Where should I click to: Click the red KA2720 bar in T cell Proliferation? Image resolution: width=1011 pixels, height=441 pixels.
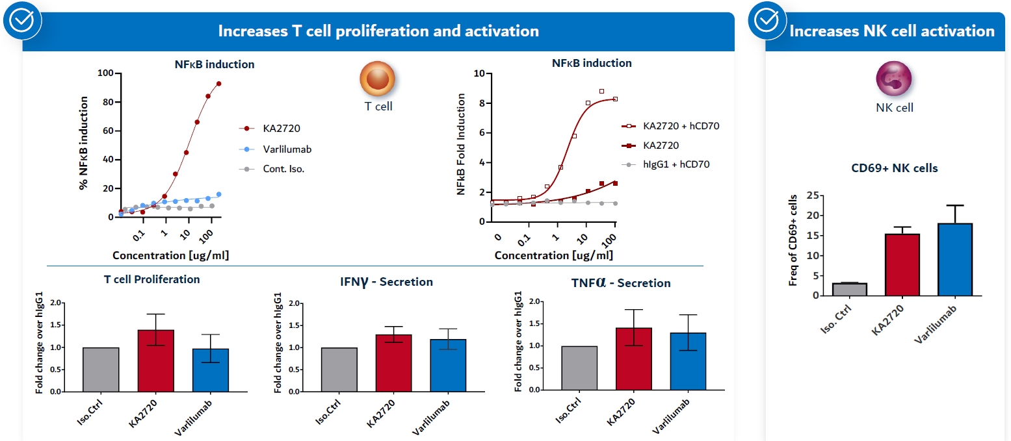(x=155, y=361)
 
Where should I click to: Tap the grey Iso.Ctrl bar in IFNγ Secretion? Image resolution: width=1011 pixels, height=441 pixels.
(x=339, y=370)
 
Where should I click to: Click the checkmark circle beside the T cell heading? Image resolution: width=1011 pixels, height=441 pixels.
(x=22, y=21)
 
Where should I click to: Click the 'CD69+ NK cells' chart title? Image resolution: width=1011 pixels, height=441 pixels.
(x=895, y=168)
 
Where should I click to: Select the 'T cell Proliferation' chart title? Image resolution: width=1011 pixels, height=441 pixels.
(x=151, y=279)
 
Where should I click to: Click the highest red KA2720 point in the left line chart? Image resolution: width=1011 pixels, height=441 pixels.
(x=219, y=84)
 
